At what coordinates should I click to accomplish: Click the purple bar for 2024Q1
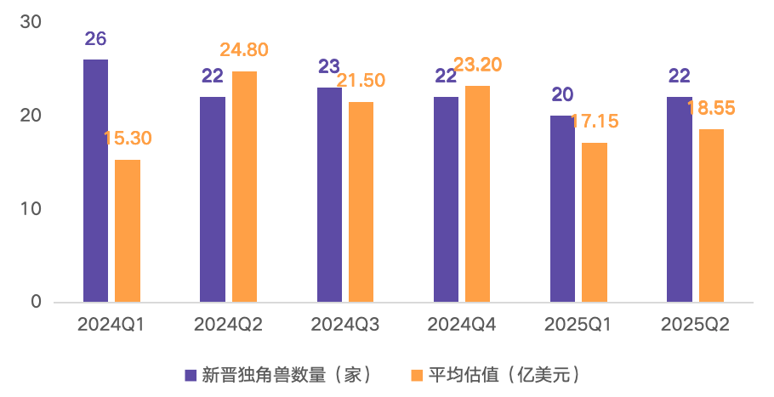pos(95,180)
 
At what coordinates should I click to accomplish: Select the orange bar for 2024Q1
pos(128,230)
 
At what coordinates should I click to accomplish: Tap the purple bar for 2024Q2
pos(213,199)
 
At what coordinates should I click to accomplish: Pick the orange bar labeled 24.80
pos(245,186)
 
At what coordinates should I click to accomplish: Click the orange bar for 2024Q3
pos(361,201)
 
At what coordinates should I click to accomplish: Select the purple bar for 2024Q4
pos(446,199)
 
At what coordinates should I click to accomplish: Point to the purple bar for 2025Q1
pos(563,208)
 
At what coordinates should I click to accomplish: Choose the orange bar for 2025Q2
pos(711,215)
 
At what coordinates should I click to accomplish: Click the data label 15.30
pos(128,138)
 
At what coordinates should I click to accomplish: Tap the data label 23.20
pos(478,64)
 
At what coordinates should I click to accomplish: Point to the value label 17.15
pos(594,121)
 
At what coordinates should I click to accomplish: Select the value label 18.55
pos(711,108)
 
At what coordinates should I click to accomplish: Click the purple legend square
pos(191,375)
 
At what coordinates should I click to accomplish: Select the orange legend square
pos(417,375)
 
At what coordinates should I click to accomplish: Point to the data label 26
pos(95,38)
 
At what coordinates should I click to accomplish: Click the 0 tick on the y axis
pos(36,302)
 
